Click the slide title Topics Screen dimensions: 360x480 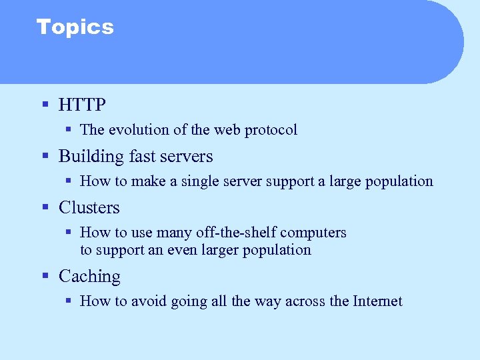pos(75,27)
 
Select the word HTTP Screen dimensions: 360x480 pos(82,105)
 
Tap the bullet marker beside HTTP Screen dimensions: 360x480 pos(45,104)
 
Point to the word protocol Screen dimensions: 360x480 pos(271,130)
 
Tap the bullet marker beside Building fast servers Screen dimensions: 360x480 pos(45,156)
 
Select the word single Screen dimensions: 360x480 pos(195,181)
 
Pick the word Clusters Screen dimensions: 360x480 pos(89,208)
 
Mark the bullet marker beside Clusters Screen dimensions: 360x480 pos(45,207)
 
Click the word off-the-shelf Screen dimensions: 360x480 pos(237,233)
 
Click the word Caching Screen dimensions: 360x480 pos(89,277)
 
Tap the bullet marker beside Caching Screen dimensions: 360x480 pos(45,276)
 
